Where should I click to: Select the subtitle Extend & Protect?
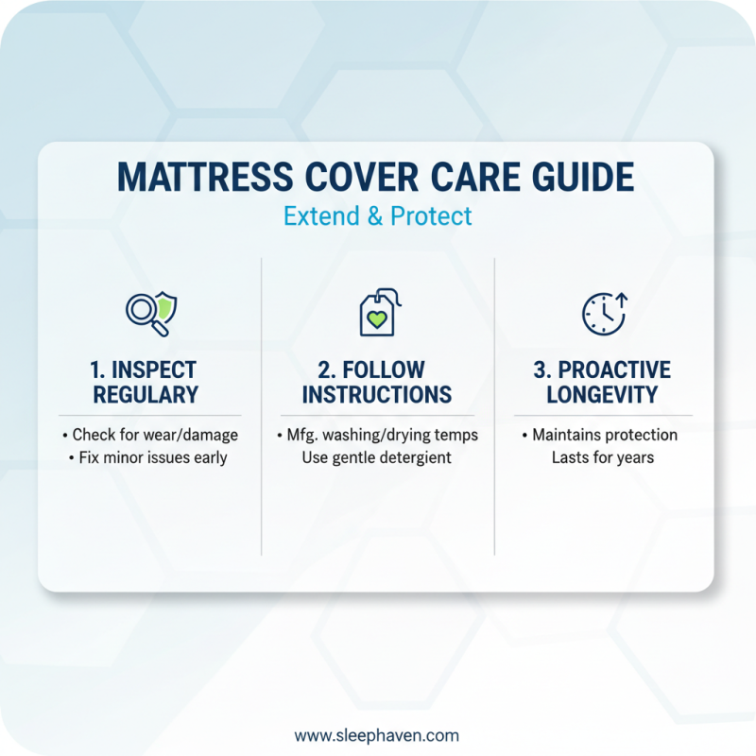click(377, 215)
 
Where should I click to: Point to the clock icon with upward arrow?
click(603, 312)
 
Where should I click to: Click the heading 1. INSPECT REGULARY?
click(150, 381)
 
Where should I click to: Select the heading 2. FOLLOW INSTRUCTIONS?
click(377, 381)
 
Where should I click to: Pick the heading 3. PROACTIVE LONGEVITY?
click(602, 381)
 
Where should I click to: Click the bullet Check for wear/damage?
click(151, 436)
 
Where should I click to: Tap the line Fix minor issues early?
click(151, 458)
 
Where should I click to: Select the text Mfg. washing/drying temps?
click(377, 436)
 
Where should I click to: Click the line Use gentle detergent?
click(377, 458)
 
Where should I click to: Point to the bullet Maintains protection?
click(600, 436)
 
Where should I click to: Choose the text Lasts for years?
click(603, 458)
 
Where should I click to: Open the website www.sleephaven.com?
click(377, 735)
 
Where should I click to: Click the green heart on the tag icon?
click(378, 320)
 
